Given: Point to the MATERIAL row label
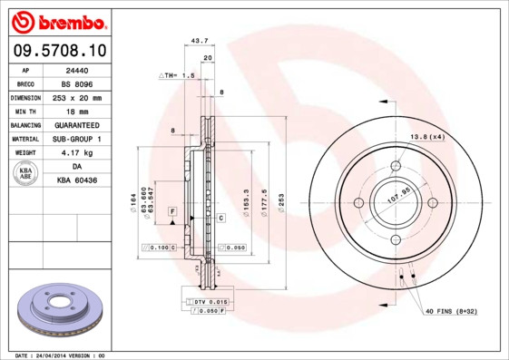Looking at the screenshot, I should click(x=24, y=139).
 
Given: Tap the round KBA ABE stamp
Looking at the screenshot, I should click(x=24, y=173).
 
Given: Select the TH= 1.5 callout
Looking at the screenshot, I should click(x=178, y=76).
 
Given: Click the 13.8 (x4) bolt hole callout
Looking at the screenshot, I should click(x=427, y=136).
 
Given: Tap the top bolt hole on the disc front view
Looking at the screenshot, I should click(x=396, y=165).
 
